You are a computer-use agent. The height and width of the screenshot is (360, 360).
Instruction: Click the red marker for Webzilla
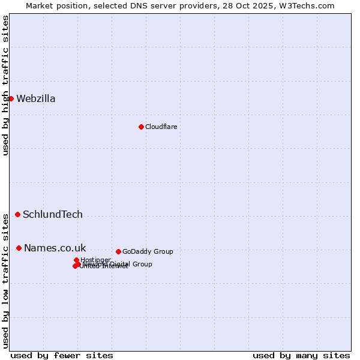pyautogui.click(x=11, y=98)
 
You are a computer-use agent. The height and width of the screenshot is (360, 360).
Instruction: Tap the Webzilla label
pyautogui.click(x=36, y=99)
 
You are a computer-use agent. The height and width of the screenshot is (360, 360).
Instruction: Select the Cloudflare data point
pyautogui.click(x=141, y=127)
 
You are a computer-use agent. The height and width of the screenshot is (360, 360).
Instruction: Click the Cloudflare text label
pyautogui.click(x=161, y=127)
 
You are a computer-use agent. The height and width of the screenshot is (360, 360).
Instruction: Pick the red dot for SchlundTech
pyautogui.click(x=17, y=214)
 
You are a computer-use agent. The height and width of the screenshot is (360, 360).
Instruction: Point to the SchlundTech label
pyautogui.click(x=53, y=215)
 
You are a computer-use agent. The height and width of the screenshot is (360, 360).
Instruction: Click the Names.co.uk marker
pyautogui.click(x=19, y=248)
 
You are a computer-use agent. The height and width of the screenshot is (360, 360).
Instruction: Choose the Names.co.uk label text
pyautogui.click(x=55, y=248)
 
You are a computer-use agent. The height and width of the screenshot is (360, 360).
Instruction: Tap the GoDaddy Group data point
pyautogui.click(x=118, y=251)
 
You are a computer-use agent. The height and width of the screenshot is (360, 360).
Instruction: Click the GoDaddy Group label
pyautogui.click(x=148, y=252)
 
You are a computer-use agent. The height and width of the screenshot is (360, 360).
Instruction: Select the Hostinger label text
pyautogui.click(x=95, y=260)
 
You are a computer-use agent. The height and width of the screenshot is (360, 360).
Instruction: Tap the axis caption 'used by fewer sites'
pyautogui.click(x=62, y=355)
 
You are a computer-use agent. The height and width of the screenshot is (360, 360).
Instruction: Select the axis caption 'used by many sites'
pyautogui.click(x=301, y=355)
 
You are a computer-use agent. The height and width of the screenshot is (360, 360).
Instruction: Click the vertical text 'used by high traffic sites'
pyautogui.click(x=5, y=85)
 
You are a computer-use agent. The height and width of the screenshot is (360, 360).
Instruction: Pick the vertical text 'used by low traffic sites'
pyautogui.click(x=5, y=280)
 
